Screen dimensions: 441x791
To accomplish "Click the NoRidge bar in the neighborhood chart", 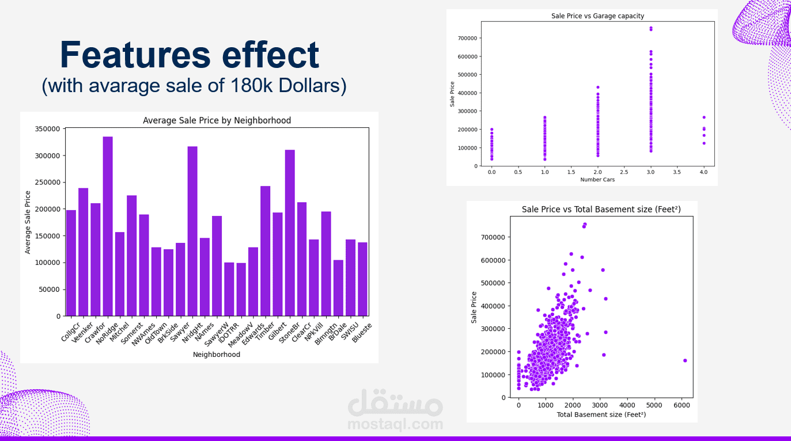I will [108, 226].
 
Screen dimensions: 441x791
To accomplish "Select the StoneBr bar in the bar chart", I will [290, 233].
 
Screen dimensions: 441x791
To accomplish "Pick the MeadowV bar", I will [241, 289].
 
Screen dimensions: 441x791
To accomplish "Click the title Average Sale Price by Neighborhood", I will [217, 120].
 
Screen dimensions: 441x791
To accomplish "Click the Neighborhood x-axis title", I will [217, 355].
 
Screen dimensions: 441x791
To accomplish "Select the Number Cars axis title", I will [597, 180].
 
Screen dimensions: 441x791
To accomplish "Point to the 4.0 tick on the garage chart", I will [703, 172].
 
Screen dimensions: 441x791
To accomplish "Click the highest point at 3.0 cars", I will [651, 28].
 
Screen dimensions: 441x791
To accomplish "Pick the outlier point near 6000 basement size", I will [685, 360].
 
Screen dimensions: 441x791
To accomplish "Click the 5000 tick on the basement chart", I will [654, 405].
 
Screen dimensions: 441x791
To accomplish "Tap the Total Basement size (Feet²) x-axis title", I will [601, 415].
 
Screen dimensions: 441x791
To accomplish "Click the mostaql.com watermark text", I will [395, 425].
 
